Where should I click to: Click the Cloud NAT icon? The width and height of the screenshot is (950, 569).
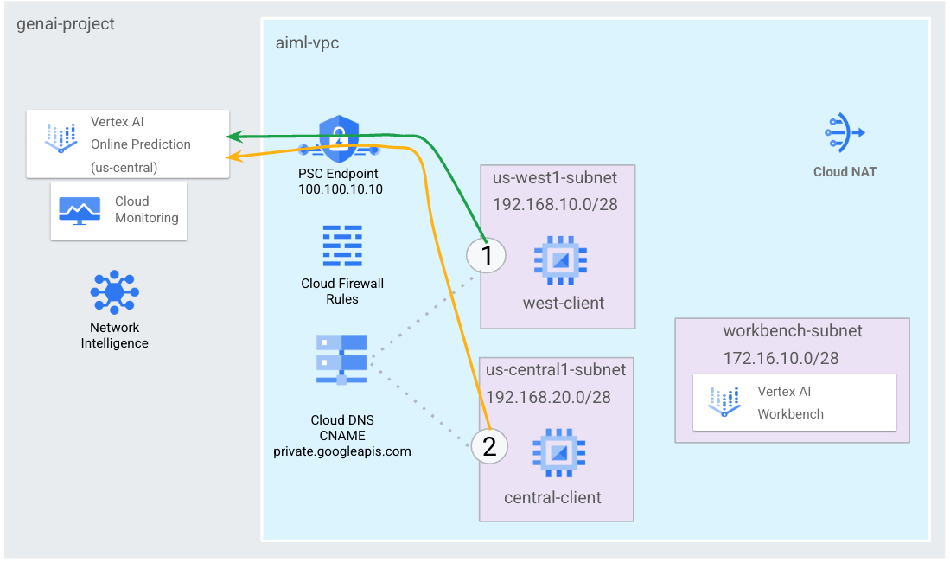845,132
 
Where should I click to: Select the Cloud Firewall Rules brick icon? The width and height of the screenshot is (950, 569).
342,247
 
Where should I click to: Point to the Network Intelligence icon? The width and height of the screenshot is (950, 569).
115,292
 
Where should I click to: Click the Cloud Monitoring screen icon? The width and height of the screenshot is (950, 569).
80,210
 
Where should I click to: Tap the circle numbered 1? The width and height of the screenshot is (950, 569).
486,256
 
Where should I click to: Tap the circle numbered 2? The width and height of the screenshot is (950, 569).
489,446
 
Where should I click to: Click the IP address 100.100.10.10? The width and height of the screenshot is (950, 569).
341,189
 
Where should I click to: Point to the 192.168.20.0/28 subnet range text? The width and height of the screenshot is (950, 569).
548,397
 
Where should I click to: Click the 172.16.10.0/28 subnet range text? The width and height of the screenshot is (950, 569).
781,357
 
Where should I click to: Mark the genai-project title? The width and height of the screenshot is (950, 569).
66,24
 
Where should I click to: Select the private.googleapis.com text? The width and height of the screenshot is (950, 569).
342,451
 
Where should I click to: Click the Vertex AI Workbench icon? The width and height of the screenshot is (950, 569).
725,402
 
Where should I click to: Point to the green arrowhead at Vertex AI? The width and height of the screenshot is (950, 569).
233,136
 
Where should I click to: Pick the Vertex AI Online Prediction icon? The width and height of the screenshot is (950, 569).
61,137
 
